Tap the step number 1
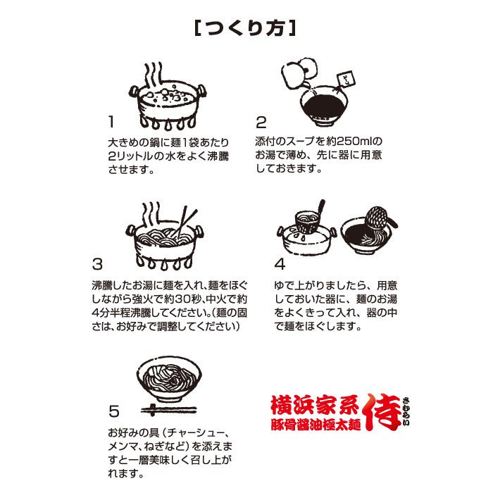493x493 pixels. pyautogui.click(x=111, y=122)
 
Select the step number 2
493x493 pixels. pyautogui.click(x=261, y=122)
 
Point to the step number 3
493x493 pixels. pyautogui.click(x=97, y=264)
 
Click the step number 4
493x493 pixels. pyautogui.click(x=280, y=264)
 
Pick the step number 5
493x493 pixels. pyautogui.click(x=114, y=411)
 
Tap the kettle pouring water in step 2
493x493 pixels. pyautogui.click(x=297, y=73)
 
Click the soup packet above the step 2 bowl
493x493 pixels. pyautogui.click(x=346, y=79)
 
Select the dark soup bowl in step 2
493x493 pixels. pyautogui.click(x=324, y=106)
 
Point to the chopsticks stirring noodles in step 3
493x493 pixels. pyautogui.click(x=185, y=222)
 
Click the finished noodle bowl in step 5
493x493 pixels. pyautogui.click(x=169, y=379)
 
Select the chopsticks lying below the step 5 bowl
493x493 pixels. pyautogui.click(x=168, y=410)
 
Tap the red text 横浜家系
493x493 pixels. pyautogui.click(x=314, y=405)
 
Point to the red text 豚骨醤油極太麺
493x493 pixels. pyautogui.click(x=316, y=425)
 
